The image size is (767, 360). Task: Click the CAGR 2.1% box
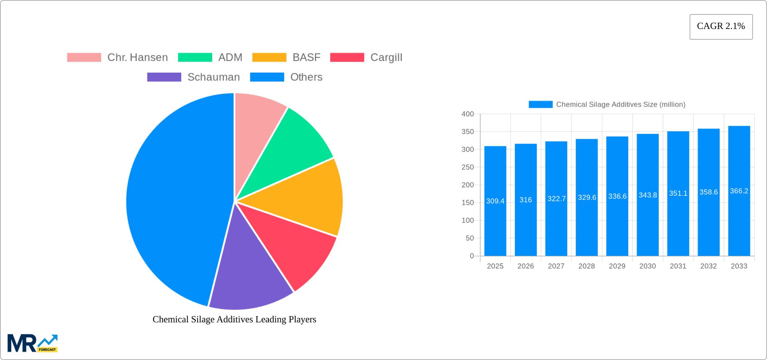[x=721, y=27]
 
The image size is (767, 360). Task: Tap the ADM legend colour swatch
[x=195, y=58]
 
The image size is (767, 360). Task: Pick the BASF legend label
[x=306, y=58]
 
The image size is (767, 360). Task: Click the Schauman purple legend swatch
[x=164, y=77]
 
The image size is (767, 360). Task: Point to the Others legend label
[x=306, y=77]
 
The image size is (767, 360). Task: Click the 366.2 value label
[x=739, y=191]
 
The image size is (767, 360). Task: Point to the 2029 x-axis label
[x=617, y=266]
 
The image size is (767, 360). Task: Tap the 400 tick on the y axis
[x=467, y=114]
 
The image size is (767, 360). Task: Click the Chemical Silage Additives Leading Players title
[x=234, y=319]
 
